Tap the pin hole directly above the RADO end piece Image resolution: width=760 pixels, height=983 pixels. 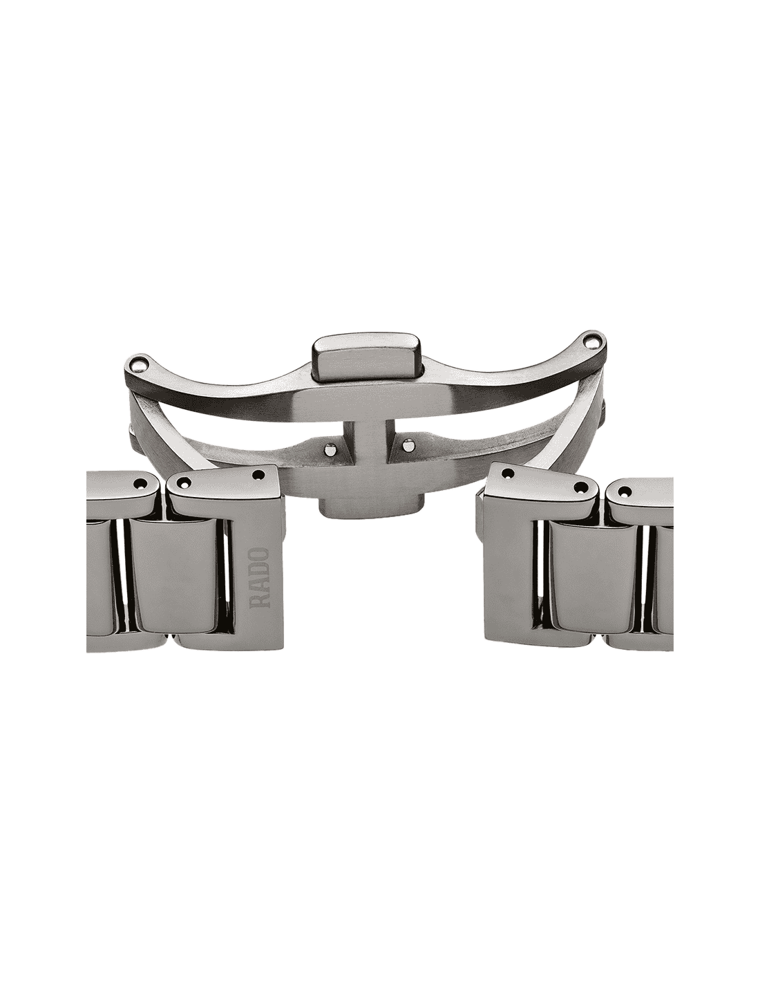(259, 474)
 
